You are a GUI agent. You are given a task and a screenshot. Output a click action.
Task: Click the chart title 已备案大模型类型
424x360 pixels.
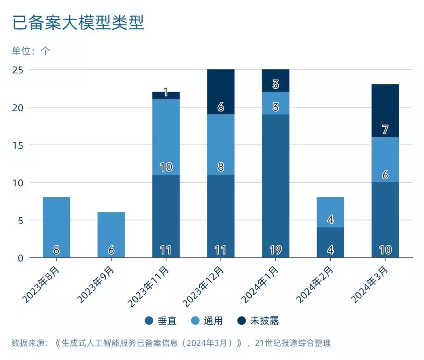78,23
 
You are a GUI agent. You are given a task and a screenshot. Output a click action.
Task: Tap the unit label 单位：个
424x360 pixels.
31,51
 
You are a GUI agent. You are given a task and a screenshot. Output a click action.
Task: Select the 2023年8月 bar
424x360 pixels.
56,227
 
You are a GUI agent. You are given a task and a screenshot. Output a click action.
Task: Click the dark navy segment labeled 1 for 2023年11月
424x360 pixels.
166,95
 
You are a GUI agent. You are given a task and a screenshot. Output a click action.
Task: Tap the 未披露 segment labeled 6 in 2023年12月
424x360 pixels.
220,91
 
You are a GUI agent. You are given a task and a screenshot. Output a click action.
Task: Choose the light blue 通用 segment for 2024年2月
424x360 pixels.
330,212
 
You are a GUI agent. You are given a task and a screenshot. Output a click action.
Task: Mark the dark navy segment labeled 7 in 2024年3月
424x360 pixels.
385,111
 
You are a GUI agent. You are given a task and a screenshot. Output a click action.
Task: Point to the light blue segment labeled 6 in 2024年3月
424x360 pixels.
385,159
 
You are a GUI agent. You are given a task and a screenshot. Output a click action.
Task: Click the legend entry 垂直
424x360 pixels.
161,321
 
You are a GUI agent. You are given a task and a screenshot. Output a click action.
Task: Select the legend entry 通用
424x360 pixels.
208,321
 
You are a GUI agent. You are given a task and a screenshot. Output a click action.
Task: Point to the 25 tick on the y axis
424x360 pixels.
17,70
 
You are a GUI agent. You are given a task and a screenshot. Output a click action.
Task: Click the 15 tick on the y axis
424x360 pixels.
17,145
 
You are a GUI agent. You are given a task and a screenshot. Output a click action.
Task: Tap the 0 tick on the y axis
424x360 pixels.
20,258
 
